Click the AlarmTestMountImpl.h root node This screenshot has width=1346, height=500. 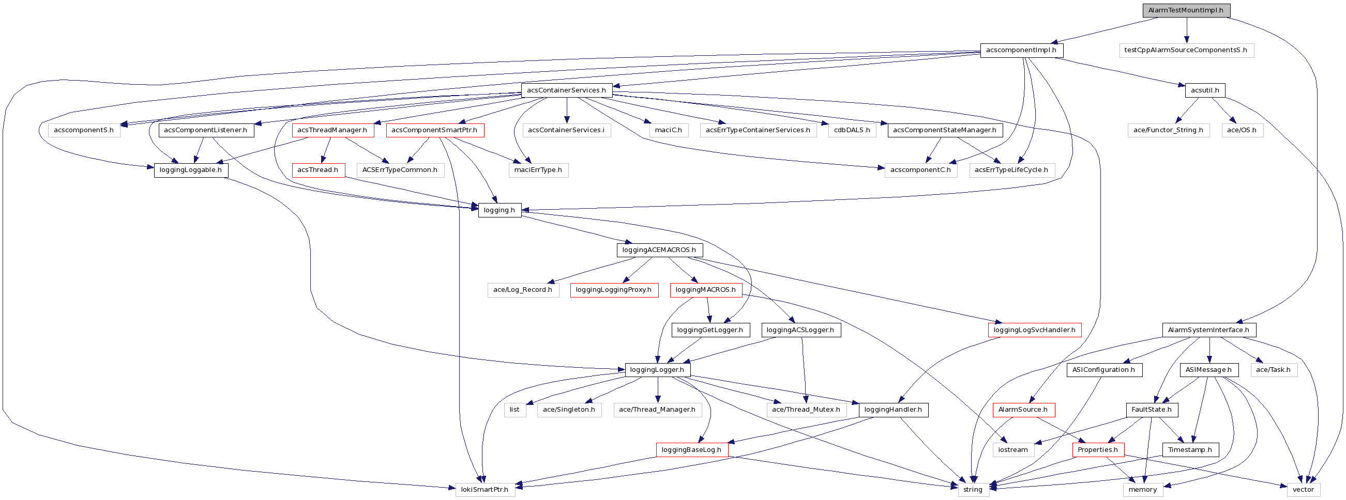(x=1186, y=10)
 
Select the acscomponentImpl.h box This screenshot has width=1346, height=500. (x=1021, y=51)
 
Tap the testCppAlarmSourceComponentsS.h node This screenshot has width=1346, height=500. (x=1186, y=51)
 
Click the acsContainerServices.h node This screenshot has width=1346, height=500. (x=566, y=90)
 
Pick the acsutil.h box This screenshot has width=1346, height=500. (x=1204, y=90)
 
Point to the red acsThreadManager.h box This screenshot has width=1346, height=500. (x=332, y=130)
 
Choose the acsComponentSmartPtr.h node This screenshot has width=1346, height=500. (x=434, y=130)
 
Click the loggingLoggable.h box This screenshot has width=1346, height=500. (x=191, y=170)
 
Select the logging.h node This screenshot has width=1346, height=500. (x=499, y=210)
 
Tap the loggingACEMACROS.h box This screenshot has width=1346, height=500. (x=659, y=250)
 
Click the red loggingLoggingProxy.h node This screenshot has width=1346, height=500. (x=613, y=290)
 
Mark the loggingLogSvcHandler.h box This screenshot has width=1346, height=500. (x=1034, y=330)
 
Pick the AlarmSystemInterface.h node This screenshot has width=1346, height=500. (x=1208, y=330)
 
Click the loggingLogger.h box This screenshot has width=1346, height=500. (x=657, y=370)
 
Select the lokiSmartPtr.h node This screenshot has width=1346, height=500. (x=485, y=490)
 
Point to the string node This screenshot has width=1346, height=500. (x=973, y=490)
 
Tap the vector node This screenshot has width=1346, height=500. (x=1303, y=490)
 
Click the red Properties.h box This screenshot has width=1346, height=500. (x=1098, y=450)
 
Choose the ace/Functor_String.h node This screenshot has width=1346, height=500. (x=1168, y=130)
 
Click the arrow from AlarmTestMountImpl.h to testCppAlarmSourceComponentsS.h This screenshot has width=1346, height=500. (x=1186, y=31)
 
